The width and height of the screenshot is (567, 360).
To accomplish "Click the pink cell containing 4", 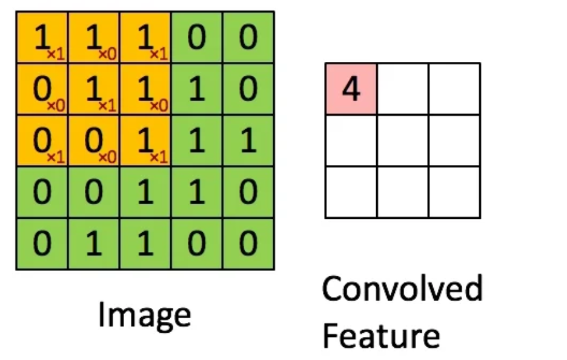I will pos(351,89).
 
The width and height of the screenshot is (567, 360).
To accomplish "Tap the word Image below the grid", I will pos(144,316).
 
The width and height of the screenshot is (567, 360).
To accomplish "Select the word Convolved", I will pos(402,289).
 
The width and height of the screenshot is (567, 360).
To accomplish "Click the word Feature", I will pos(380,334).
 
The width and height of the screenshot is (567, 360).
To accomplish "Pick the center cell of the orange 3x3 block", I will pos(93,90).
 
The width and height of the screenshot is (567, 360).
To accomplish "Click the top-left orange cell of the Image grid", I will pos(42,38).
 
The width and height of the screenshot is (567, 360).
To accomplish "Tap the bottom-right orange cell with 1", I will pos(145,141).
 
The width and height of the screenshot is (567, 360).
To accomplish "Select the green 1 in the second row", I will pos(196,90).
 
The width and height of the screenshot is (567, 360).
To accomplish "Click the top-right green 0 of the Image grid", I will pos(248,38).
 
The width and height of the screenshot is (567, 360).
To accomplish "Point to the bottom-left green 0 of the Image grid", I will pos(42,244).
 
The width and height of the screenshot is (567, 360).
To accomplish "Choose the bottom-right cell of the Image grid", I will pos(248,244).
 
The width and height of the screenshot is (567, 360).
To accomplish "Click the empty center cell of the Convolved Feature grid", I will pos(402,141).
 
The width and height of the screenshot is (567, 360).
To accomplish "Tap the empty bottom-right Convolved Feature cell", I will pos(454,192).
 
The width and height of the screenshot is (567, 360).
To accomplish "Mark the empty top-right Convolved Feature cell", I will pos(454,89).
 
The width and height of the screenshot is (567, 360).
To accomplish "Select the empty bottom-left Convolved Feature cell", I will pos(351,192).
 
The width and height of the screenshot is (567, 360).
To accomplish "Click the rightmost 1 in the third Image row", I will pos(248,141).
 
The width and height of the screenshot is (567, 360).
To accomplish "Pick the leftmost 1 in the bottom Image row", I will pos(93,244).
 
